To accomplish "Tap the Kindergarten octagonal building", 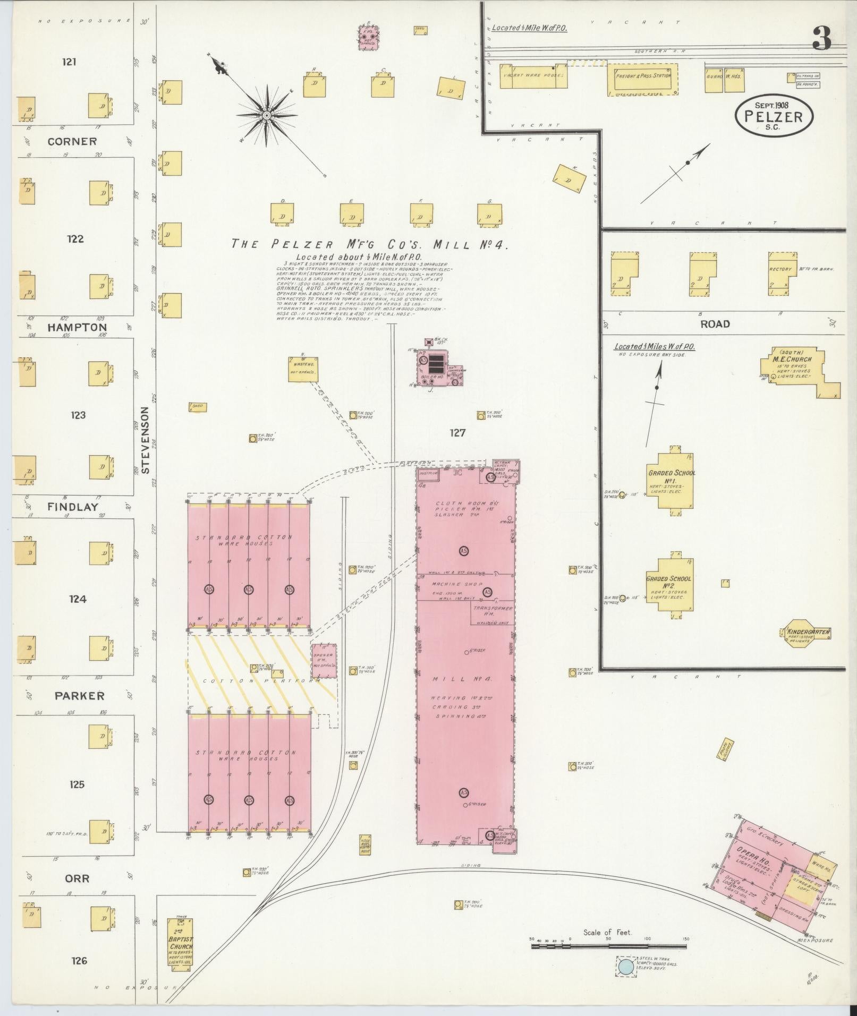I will [x=807, y=633].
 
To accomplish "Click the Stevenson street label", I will [x=147, y=440].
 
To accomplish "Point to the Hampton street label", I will [x=77, y=327].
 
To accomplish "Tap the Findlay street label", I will [x=73, y=507].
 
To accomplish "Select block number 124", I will [x=78, y=599].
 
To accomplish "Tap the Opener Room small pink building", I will [x=324, y=660].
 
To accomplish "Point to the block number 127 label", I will [x=457, y=433].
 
